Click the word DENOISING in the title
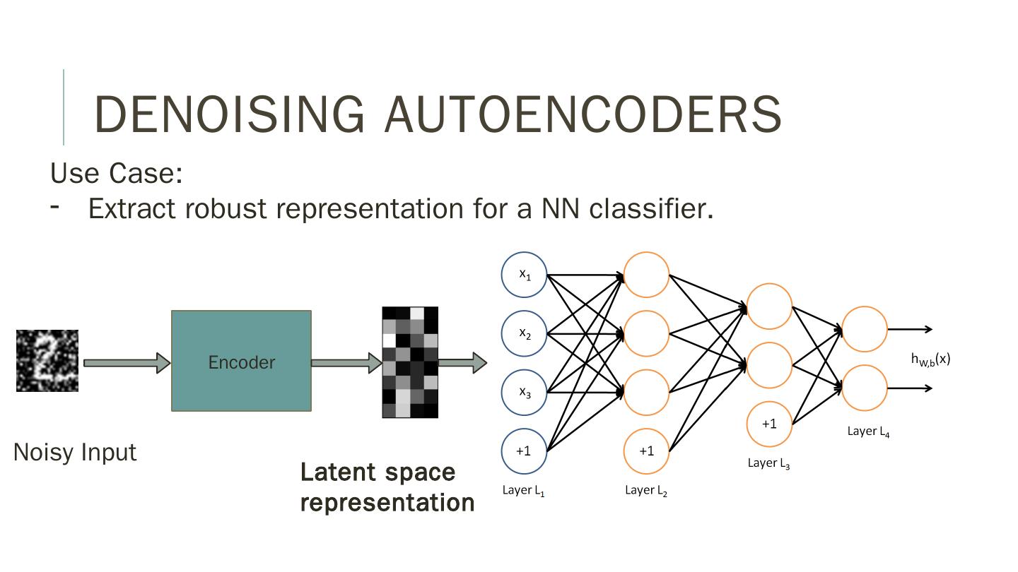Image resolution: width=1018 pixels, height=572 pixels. [x=230, y=114]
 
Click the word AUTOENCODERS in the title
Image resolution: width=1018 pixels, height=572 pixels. [x=583, y=114]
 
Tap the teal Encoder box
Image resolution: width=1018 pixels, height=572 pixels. [x=241, y=361]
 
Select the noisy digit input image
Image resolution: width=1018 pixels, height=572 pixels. [x=47, y=361]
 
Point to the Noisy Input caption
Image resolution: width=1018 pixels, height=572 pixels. [x=75, y=452]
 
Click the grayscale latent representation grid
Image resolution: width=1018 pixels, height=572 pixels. [x=410, y=362]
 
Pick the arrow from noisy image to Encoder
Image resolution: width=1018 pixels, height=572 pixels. [x=127, y=363]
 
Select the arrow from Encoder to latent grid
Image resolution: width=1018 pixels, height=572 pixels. [x=346, y=363]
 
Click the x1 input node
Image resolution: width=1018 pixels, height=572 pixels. [x=524, y=275]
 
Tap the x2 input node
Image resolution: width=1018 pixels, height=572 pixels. [x=524, y=333]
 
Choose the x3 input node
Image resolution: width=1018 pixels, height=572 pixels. [x=524, y=392]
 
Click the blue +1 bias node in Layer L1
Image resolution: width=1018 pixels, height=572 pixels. [x=524, y=451]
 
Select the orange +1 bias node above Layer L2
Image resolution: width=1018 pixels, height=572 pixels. [x=646, y=451]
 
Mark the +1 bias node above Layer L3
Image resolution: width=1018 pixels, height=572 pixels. [x=769, y=424]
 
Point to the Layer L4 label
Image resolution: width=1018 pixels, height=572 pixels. [x=868, y=431]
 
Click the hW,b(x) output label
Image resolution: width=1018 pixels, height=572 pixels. [x=930, y=359]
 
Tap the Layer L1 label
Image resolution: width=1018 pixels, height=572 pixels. [x=523, y=490]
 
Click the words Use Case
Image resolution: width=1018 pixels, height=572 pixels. [x=117, y=173]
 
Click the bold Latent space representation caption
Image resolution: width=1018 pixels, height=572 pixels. [x=387, y=487]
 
